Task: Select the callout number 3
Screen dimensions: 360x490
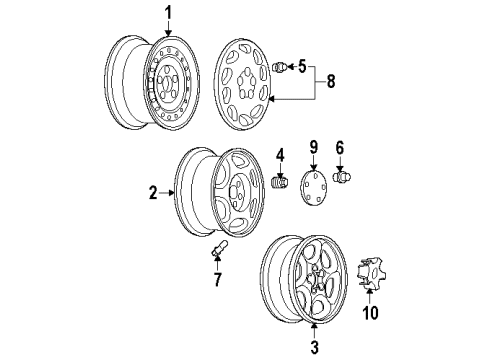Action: point(315,347)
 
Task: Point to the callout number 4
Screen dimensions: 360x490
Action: point(281,155)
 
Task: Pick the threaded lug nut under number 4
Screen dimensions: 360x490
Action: point(280,185)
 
